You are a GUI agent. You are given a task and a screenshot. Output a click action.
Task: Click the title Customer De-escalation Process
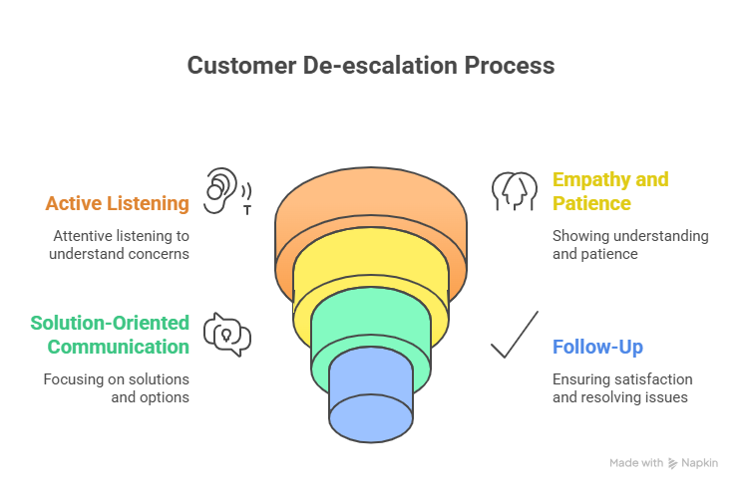coord(370,67)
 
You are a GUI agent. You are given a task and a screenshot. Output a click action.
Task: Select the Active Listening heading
coord(117,204)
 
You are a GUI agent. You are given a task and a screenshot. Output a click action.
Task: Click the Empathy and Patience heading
coord(610,191)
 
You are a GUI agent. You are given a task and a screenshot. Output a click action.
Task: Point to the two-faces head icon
coord(515,190)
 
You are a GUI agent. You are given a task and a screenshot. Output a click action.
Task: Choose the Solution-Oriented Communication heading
coord(110,335)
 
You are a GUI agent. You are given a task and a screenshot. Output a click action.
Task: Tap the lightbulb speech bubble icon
coord(226,335)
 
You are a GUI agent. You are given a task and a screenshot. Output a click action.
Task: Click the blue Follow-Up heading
coord(597,348)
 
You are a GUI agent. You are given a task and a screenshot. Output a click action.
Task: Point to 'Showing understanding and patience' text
coord(629,246)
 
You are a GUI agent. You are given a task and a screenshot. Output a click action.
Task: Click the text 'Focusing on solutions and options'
coord(116,389)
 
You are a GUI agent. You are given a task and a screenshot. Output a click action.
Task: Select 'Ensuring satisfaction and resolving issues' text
coord(622,389)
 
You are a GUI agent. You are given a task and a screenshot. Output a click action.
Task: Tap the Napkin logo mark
coord(674,463)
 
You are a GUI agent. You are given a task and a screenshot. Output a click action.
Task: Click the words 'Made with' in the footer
coord(636,463)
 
